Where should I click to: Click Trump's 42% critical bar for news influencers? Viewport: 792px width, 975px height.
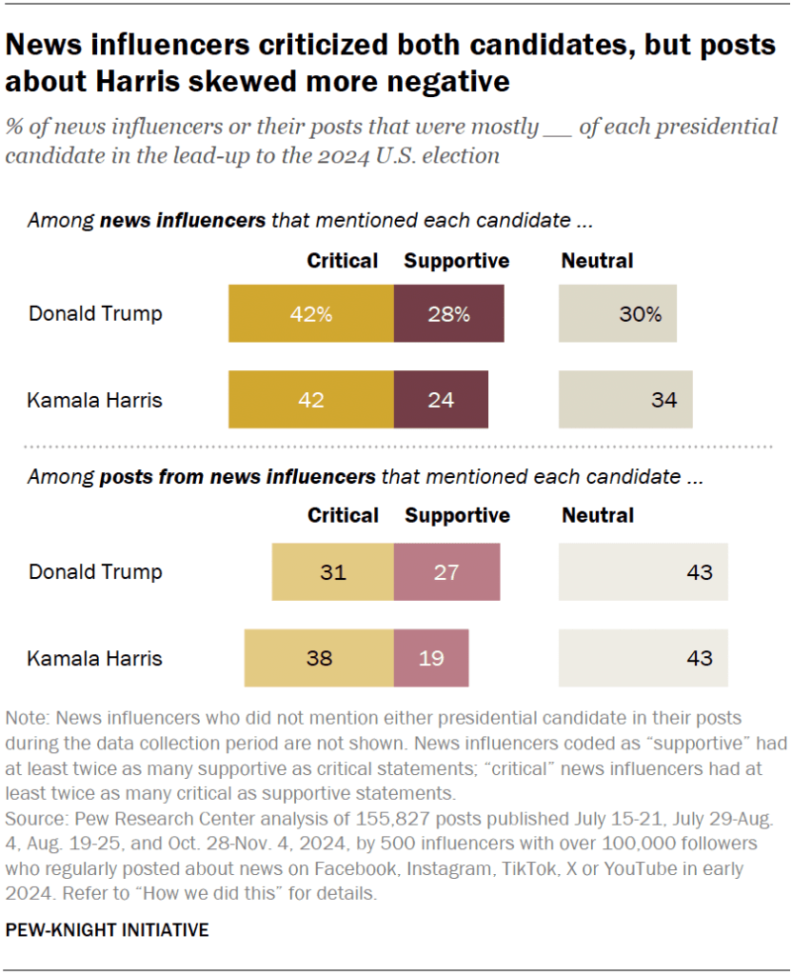[310, 313]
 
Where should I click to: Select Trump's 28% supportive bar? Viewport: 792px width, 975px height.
[448, 313]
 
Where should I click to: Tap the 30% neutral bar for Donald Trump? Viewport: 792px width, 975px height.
[617, 313]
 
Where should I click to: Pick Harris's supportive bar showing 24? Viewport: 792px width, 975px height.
[440, 400]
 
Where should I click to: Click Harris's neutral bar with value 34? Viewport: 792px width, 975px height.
[625, 400]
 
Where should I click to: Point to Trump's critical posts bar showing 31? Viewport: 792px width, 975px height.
[332, 572]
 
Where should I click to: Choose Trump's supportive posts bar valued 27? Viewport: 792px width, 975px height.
[445, 572]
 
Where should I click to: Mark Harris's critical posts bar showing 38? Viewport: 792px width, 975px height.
[318, 658]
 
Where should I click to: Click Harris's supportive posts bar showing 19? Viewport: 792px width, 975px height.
[430, 658]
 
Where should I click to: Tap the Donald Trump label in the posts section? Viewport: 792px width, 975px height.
[95, 572]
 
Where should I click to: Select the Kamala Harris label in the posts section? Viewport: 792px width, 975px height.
[95, 658]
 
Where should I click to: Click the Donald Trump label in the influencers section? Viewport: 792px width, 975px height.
[95, 313]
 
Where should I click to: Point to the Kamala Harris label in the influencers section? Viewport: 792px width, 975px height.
[95, 400]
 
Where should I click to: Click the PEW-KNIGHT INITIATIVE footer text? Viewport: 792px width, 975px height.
[107, 930]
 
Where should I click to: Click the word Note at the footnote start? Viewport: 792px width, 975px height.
[25, 718]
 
